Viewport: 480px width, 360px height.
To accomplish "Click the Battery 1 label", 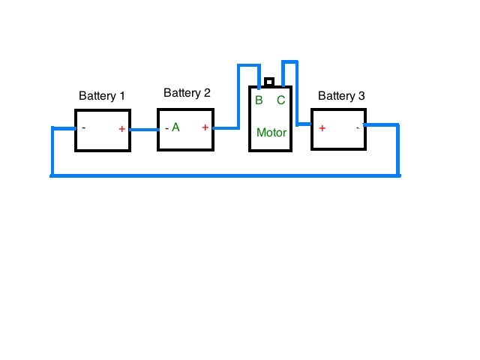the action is [102, 96].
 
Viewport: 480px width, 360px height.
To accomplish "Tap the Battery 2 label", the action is [187, 93].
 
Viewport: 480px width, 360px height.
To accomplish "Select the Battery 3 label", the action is [341, 96].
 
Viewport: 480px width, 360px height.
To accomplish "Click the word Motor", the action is [271, 133].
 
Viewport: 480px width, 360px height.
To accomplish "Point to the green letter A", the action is [175, 127].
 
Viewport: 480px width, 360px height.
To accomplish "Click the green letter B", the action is [259, 100].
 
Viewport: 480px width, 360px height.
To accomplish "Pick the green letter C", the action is [281, 100].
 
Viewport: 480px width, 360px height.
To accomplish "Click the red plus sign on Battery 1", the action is [121, 129].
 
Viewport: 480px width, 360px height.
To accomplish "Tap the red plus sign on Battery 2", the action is [205, 127].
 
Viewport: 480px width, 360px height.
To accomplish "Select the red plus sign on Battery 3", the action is [322, 128].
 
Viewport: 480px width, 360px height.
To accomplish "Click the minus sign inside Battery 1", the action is [83, 127].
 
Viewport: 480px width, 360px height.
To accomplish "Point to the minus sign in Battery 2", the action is [166, 128].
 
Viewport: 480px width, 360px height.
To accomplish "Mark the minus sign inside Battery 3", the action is [358, 128].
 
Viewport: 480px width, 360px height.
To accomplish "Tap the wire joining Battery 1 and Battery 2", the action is [144, 130].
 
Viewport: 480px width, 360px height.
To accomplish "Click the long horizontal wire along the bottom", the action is [225, 175].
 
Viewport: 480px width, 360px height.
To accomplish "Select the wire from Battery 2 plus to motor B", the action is [238, 91].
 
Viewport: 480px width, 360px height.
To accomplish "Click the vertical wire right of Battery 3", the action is [397, 150].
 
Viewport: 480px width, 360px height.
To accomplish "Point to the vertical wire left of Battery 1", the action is [52, 151].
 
